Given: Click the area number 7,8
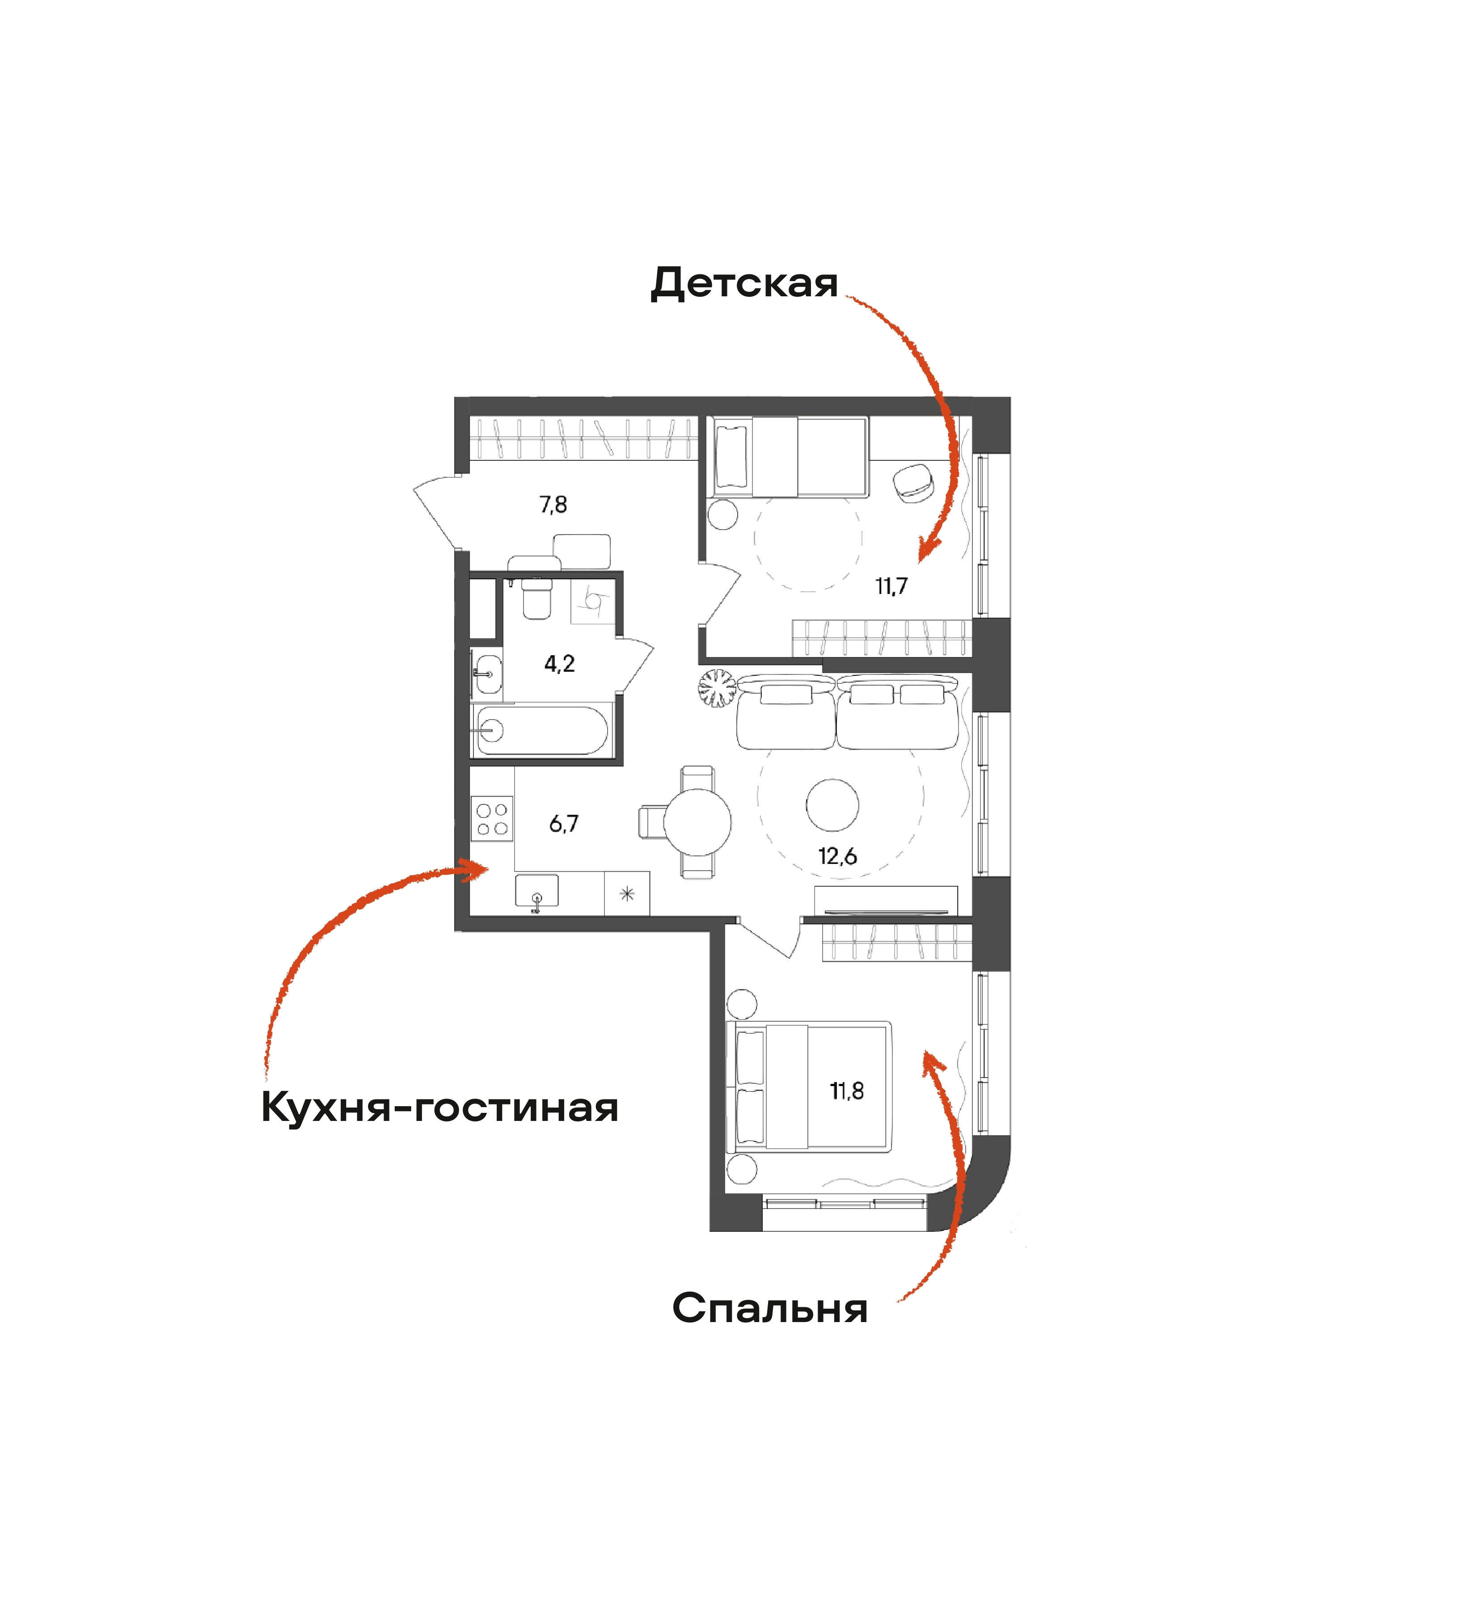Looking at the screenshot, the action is tap(553, 505).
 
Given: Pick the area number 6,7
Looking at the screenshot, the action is tap(564, 824).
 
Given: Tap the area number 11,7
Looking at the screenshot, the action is tap(891, 586).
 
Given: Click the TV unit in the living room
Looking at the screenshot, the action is tap(886, 901).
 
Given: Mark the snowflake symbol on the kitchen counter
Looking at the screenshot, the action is tap(627, 894).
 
